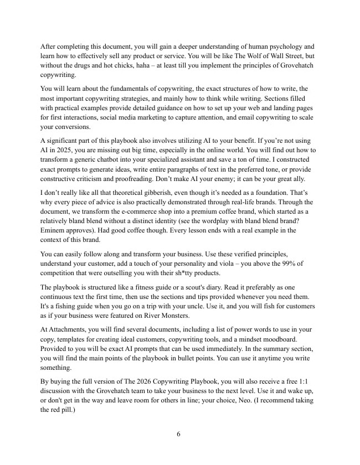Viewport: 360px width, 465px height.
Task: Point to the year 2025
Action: point(62,150)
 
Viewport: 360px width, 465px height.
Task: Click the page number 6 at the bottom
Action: point(178,433)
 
